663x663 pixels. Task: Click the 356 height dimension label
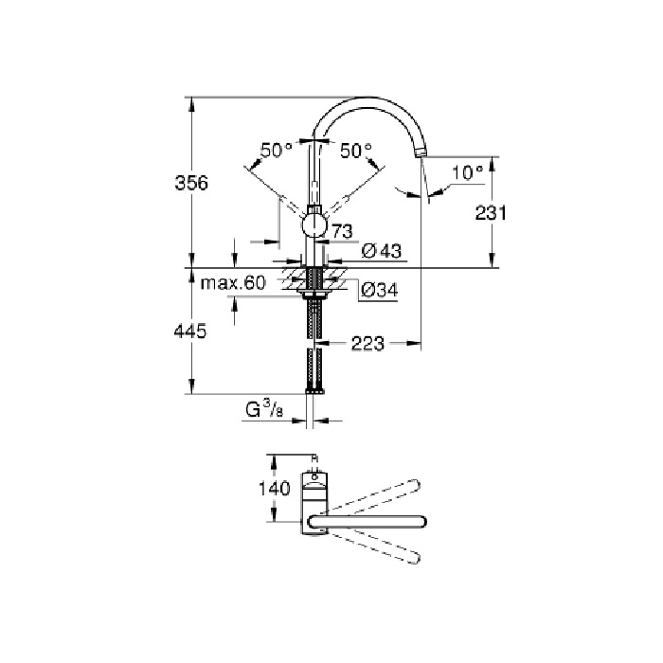point(191,183)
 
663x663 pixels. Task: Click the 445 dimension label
point(190,331)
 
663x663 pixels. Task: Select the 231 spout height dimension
point(491,213)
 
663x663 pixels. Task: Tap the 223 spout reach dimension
point(367,343)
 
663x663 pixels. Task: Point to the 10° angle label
point(467,172)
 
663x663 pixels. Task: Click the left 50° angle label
point(277,150)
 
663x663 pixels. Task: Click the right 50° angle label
point(356,150)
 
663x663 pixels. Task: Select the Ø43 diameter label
point(382,251)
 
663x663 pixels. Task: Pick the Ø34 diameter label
point(379,290)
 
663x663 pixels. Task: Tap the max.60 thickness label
point(233,282)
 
